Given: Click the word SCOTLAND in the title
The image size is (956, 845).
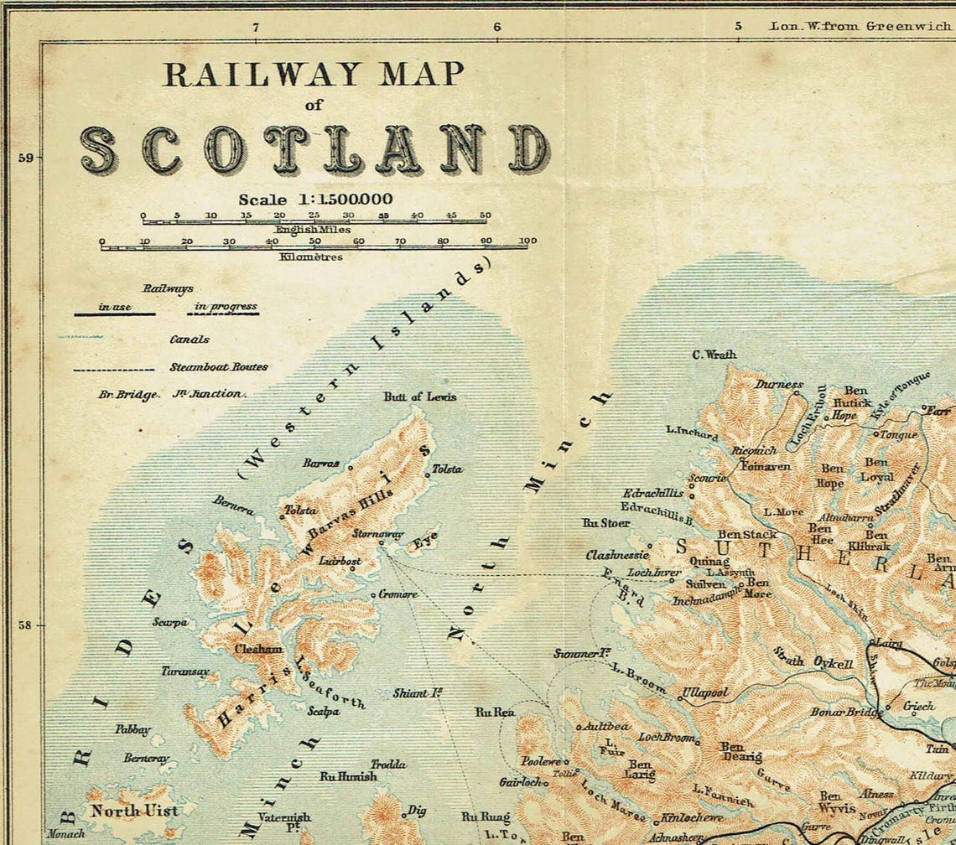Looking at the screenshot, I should point(315,151).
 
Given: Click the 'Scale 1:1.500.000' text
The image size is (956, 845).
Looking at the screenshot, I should point(315,200).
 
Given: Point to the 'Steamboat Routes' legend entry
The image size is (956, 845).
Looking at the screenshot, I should point(219,367).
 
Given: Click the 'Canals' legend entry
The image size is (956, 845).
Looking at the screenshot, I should point(190,340).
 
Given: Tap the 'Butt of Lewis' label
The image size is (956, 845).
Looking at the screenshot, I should point(420,397).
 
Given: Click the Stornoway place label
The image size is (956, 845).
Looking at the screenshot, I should point(378,534).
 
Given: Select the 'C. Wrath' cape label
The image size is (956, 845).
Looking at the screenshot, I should point(714,355).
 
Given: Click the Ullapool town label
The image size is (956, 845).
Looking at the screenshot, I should point(704,693).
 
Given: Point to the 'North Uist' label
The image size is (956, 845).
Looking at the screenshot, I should point(134,811).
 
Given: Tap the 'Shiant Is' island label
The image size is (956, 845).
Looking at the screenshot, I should point(418,693).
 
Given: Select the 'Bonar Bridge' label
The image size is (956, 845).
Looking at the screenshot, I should point(845,712).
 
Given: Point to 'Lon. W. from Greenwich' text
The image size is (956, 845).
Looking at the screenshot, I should point(860,26).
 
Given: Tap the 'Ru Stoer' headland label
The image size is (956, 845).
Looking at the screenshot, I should point(605,523).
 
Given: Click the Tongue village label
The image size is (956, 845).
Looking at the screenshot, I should point(899,434).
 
